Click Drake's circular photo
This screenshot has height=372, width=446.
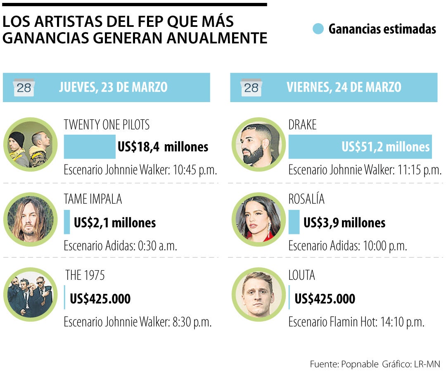coord(258,145)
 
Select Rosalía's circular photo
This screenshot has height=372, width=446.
coord(258,219)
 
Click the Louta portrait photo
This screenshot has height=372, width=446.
coord(258,294)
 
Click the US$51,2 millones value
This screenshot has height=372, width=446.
coord(385,147)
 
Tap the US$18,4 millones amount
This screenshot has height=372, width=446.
coord(163,147)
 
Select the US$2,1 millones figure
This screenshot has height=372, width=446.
coord(115,223)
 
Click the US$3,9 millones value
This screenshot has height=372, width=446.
coord(344,223)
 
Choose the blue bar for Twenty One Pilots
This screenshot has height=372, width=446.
coord(90,147)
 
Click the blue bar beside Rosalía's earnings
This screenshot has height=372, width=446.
coord(294,222)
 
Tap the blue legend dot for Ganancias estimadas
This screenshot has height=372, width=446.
coord(318,29)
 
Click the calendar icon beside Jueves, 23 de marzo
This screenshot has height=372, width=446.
coord(24,87)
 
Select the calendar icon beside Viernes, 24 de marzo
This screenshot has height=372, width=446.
coord(251,87)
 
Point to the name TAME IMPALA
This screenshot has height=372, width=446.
coord(93,199)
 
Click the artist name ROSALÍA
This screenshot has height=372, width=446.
coord(306,199)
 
